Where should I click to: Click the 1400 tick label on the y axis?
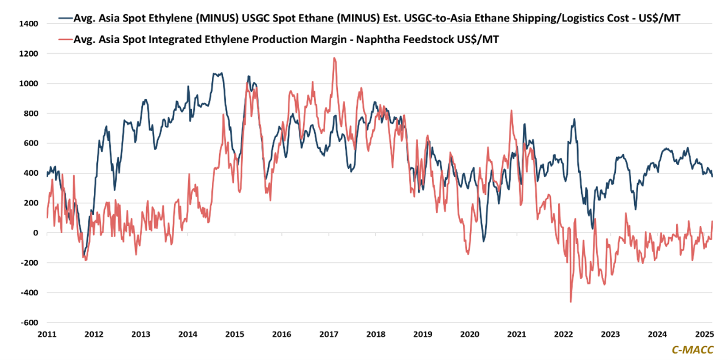tap(28, 24)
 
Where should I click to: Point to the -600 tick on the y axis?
tap(29, 322)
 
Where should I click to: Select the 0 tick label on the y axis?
tap(36, 233)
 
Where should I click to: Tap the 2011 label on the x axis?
tap(47, 334)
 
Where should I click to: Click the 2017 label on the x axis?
tap(328, 334)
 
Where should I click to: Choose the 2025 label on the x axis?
tap(704, 334)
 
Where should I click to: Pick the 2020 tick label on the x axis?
tap(469, 334)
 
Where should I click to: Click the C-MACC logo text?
tap(692, 350)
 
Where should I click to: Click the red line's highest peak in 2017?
tap(335, 58)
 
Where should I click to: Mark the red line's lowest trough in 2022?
tap(571, 302)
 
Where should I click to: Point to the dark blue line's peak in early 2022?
tap(574, 119)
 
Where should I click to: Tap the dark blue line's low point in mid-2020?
tap(484, 241)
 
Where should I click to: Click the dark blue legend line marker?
tap(65, 18)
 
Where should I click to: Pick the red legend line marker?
tap(65, 39)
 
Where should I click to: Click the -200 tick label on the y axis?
tap(29, 263)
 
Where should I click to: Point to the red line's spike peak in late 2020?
tap(511, 110)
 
